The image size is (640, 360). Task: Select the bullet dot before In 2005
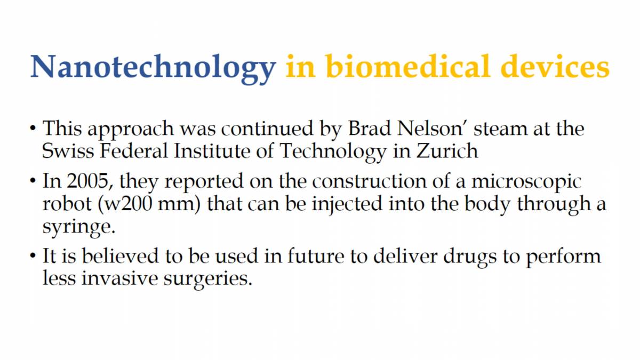click(x=34, y=182)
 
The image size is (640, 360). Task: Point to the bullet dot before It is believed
click(x=34, y=257)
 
